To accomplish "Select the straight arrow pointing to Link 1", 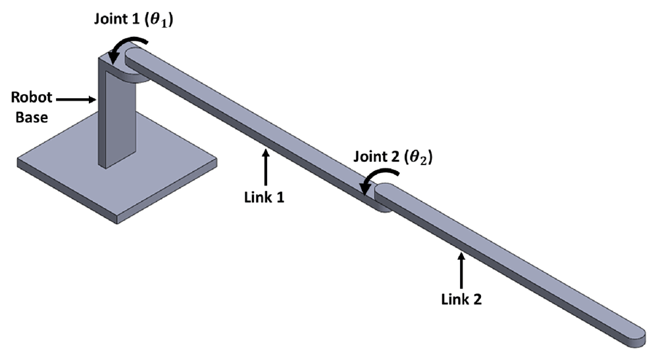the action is pos(265,167).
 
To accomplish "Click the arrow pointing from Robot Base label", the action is pos(76,99).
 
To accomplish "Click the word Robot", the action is pos(32,97).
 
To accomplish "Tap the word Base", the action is pos(32,117).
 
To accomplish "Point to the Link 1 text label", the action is pos(265,197).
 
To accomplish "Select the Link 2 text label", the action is pos(461,299).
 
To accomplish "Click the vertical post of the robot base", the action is pos(117,111).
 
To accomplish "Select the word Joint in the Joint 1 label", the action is pos(111,19).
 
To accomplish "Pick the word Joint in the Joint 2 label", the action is pos(371,157).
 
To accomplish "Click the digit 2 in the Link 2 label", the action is pos(477,299).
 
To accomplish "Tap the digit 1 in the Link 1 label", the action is pos(280,197).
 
